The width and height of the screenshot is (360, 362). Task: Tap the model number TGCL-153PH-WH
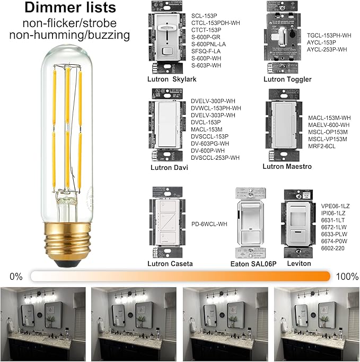329,36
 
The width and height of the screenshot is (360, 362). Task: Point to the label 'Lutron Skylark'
172,79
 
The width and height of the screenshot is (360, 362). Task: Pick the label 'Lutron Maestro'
287,167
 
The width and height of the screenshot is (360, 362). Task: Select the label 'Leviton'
298,263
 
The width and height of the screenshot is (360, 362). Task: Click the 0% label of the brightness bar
16,276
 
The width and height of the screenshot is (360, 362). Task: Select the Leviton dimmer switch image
298,223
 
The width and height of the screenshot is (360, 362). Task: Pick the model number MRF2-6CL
323,146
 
